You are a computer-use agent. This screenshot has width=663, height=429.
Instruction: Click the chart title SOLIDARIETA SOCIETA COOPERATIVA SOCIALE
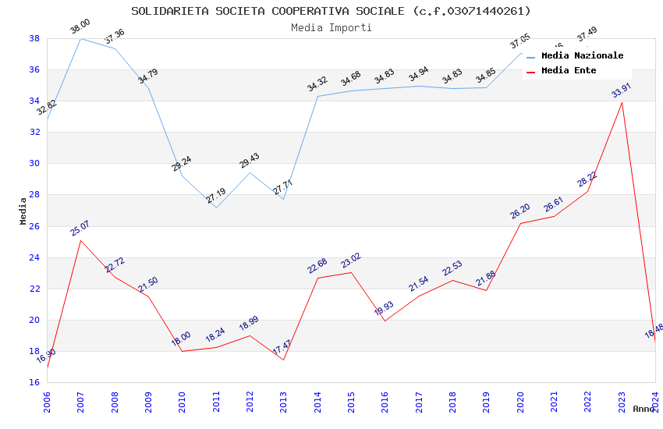(x=331, y=11)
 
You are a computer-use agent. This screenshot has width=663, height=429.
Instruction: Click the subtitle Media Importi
(x=331, y=27)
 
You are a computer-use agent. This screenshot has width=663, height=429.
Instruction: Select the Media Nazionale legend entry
(x=582, y=55)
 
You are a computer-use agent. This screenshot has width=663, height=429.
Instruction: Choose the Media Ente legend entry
(x=568, y=70)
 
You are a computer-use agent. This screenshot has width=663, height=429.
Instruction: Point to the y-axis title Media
(x=23, y=211)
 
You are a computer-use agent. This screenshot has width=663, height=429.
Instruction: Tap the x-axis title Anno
(x=643, y=409)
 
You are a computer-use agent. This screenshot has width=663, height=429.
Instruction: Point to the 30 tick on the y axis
(x=35, y=164)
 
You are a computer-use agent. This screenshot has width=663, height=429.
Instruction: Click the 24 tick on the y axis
(x=35, y=257)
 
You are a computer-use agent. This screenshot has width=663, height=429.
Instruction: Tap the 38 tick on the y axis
(x=35, y=38)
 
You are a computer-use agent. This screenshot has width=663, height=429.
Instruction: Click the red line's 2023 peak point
(x=622, y=102)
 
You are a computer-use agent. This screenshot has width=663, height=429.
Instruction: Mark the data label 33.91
(x=622, y=90)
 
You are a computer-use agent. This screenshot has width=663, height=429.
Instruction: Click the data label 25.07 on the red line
(x=80, y=228)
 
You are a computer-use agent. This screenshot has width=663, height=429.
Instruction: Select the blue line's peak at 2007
(x=80, y=38)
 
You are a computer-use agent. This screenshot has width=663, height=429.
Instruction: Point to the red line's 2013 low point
(x=283, y=360)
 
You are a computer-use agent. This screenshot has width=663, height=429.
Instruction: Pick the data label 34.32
(x=317, y=83)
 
